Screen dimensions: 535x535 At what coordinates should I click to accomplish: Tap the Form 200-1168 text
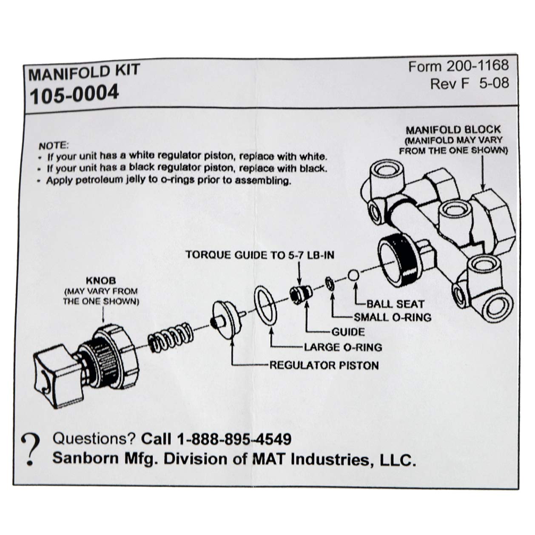[458, 66]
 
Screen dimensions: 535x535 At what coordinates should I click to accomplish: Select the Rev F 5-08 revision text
[469, 83]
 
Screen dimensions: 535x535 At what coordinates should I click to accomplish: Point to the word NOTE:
[53, 145]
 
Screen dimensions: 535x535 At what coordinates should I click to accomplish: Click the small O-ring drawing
[329, 283]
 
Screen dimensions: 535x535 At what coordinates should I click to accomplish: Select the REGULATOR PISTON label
[324, 365]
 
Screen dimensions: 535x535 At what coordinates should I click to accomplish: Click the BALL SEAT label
[396, 304]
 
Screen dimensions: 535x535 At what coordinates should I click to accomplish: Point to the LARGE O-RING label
[343, 347]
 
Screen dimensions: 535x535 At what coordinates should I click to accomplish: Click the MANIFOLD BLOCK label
[453, 130]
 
